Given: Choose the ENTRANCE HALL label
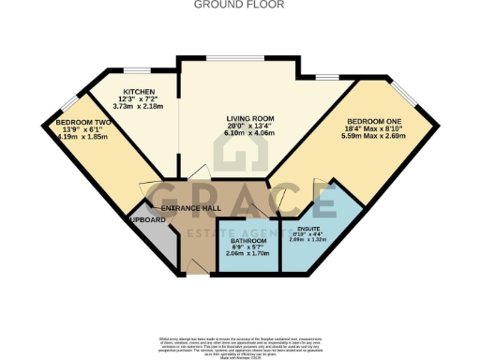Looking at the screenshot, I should [x=190, y=208].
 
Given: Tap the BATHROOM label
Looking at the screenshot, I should [x=248, y=241].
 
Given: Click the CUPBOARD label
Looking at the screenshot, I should [x=147, y=219].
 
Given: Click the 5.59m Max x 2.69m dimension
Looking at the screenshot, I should [x=372, y=137].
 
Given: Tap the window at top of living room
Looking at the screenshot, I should [x=223, y=60].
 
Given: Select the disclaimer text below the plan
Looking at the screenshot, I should [x=240, y=341].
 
